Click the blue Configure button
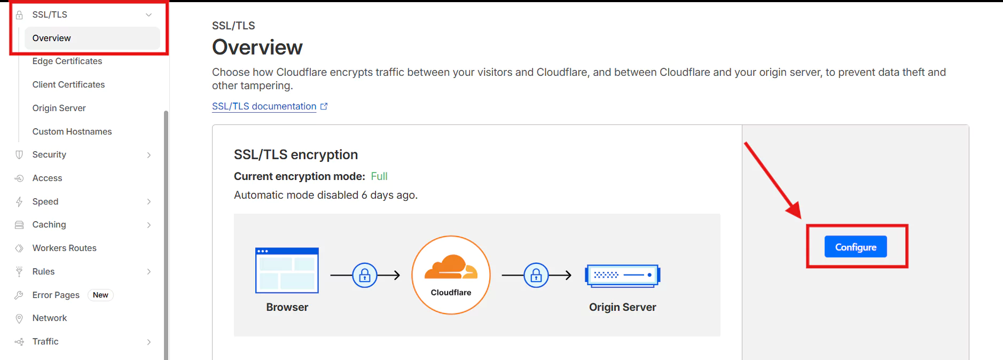(855, 247)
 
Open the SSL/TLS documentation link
(264, 106)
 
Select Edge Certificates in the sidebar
(67, 61)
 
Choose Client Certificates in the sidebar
(68, 84)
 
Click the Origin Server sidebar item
(59, 108)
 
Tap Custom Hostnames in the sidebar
(72, 131)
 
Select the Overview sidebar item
(52, 38)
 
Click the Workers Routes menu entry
(64, 248)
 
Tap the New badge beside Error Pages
(100, 295)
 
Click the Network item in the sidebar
(50, 318)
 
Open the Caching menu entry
(49, 225)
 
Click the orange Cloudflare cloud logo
(451, 268)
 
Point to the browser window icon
(287, 270)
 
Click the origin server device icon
(622, 275)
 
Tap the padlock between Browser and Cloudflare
(365, 275)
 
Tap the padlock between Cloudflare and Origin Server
(536, 275)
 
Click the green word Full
(379, 176)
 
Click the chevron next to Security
(149, 155)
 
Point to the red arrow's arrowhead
(794, 210)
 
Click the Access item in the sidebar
(47, 178)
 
